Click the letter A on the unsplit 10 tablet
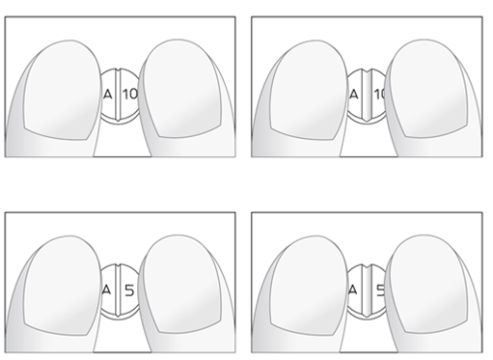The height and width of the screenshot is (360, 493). tap(108, 95)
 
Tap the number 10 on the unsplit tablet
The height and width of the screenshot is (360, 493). tap(130, 95)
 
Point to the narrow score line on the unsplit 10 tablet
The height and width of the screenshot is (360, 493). tap(118, 95)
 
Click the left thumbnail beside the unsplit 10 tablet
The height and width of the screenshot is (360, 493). tap(62, 90)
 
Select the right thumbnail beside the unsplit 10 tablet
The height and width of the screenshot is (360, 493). tap(182, 89)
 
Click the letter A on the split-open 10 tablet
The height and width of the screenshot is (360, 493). tap(354, 95)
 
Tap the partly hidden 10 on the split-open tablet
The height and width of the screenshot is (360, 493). tap(379, 95)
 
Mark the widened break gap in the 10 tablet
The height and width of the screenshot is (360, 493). tap(367, 95)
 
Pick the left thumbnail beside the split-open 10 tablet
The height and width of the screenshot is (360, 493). tap(309, 90)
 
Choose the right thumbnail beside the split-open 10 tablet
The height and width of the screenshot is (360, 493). tap(428, 89)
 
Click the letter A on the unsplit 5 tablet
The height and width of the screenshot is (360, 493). tap(106, 291)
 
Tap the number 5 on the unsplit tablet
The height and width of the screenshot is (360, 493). tap(129, 291)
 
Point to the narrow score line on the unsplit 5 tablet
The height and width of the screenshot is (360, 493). tap(118, 291)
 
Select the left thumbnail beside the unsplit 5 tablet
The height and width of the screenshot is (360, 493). tap(62, 286)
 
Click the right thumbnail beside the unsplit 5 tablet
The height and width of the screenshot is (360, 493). tap(182, 284)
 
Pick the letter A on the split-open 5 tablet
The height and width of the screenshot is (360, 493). tap(353, 291)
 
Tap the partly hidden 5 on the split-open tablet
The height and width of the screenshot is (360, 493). tap(380, 291)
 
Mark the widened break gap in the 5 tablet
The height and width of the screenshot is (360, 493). tap(367, 291)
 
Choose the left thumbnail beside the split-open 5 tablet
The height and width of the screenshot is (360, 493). tap(309, 286)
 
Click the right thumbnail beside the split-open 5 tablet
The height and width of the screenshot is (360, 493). tap(428, 284)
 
